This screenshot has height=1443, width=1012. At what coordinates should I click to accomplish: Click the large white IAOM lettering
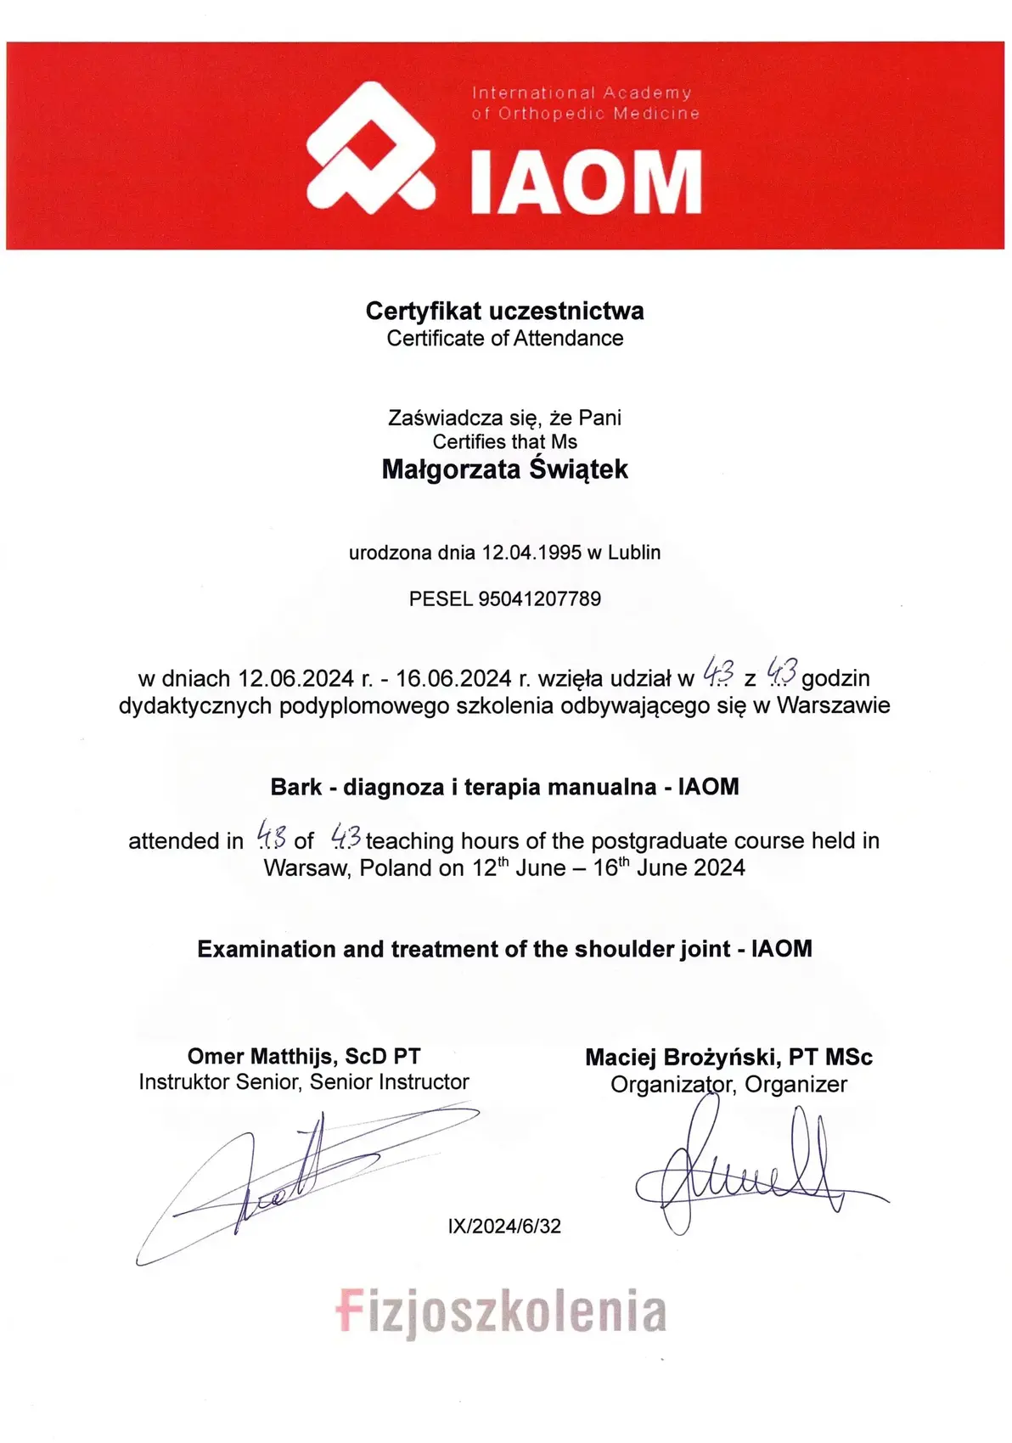(x=586, y=182)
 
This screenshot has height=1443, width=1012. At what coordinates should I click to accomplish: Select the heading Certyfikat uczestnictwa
(x=504, y=311)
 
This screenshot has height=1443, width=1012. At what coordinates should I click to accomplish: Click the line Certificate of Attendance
(x=504, y=338)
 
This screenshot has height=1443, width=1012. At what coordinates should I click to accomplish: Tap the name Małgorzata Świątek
(x=504, y=469)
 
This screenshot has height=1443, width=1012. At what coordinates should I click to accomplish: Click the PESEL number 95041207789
(x=539, y=598)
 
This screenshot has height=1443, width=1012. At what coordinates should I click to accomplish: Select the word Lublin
(x=634, y=553)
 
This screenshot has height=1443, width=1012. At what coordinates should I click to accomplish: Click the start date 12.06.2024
(x=295, y=679)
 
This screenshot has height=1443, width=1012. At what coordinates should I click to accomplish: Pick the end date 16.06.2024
(x=453, y=679)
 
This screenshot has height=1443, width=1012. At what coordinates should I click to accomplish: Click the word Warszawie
(x=833, y=705)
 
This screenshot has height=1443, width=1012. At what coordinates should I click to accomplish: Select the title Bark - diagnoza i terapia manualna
(x=463, y=787)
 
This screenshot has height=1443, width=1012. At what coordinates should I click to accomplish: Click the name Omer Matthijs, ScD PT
(x=304, y=1057)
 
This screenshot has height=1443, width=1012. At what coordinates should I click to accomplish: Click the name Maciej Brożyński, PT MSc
(x=728, y=1058)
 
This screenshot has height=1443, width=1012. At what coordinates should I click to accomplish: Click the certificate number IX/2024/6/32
(x=504, y=1227)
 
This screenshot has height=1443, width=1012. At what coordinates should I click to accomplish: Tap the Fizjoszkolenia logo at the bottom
(x=501, y=1311)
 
